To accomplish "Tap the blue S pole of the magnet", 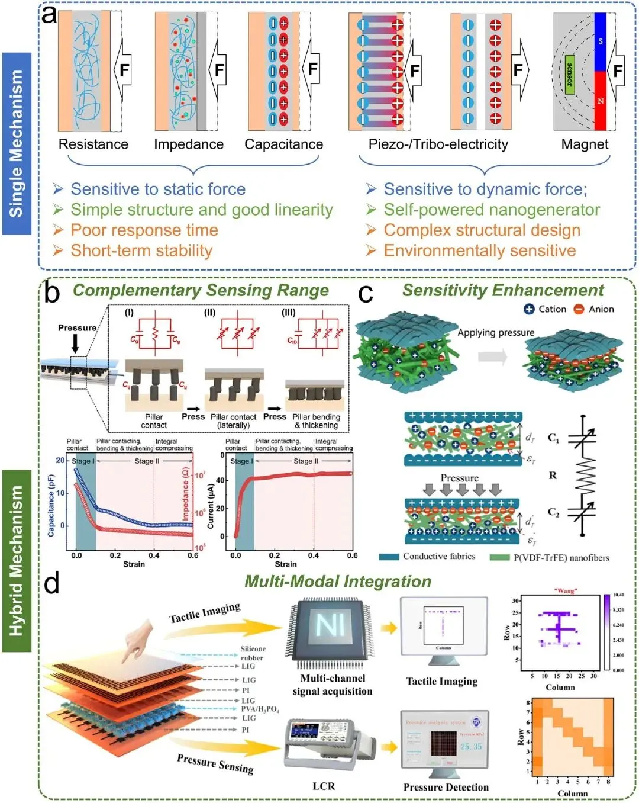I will [x=601, y=41].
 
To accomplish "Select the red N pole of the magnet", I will [x=601, y=101].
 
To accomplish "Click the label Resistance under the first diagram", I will [x=93, y=144].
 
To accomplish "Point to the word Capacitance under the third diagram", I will [x=284, y=144].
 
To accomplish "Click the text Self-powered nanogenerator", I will [x=492, y=210].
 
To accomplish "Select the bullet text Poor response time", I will [x=144, y=230].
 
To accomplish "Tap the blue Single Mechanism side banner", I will [x=17, y=143].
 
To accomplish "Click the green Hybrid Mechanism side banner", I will [x=17, y=560].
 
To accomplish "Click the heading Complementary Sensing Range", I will [x=201, y=290].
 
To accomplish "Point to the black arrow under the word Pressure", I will [x=75, y=343].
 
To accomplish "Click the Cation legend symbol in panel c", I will [x=529, y=309].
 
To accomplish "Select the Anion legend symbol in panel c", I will [x=579, y=309].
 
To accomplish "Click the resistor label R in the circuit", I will [x=553, y=475].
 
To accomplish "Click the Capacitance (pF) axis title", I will [x=51, y=505].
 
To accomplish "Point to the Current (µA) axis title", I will [x=211, y=506].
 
